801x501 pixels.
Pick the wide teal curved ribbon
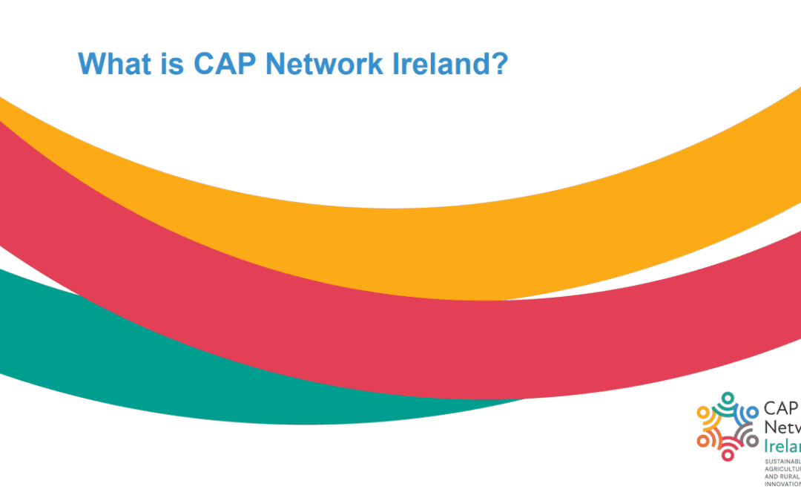[x=222, y=379]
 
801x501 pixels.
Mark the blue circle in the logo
[x=753, y=411]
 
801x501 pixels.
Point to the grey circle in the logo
[x=753, y=441]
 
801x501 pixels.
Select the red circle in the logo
[x=728, y=455]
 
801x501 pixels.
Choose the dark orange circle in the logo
[x=702, y=441]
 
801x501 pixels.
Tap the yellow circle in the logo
[x=702, y=411]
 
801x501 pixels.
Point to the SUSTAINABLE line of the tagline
[x=782, y=462]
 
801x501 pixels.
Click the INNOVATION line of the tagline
[x=782, y=484]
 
